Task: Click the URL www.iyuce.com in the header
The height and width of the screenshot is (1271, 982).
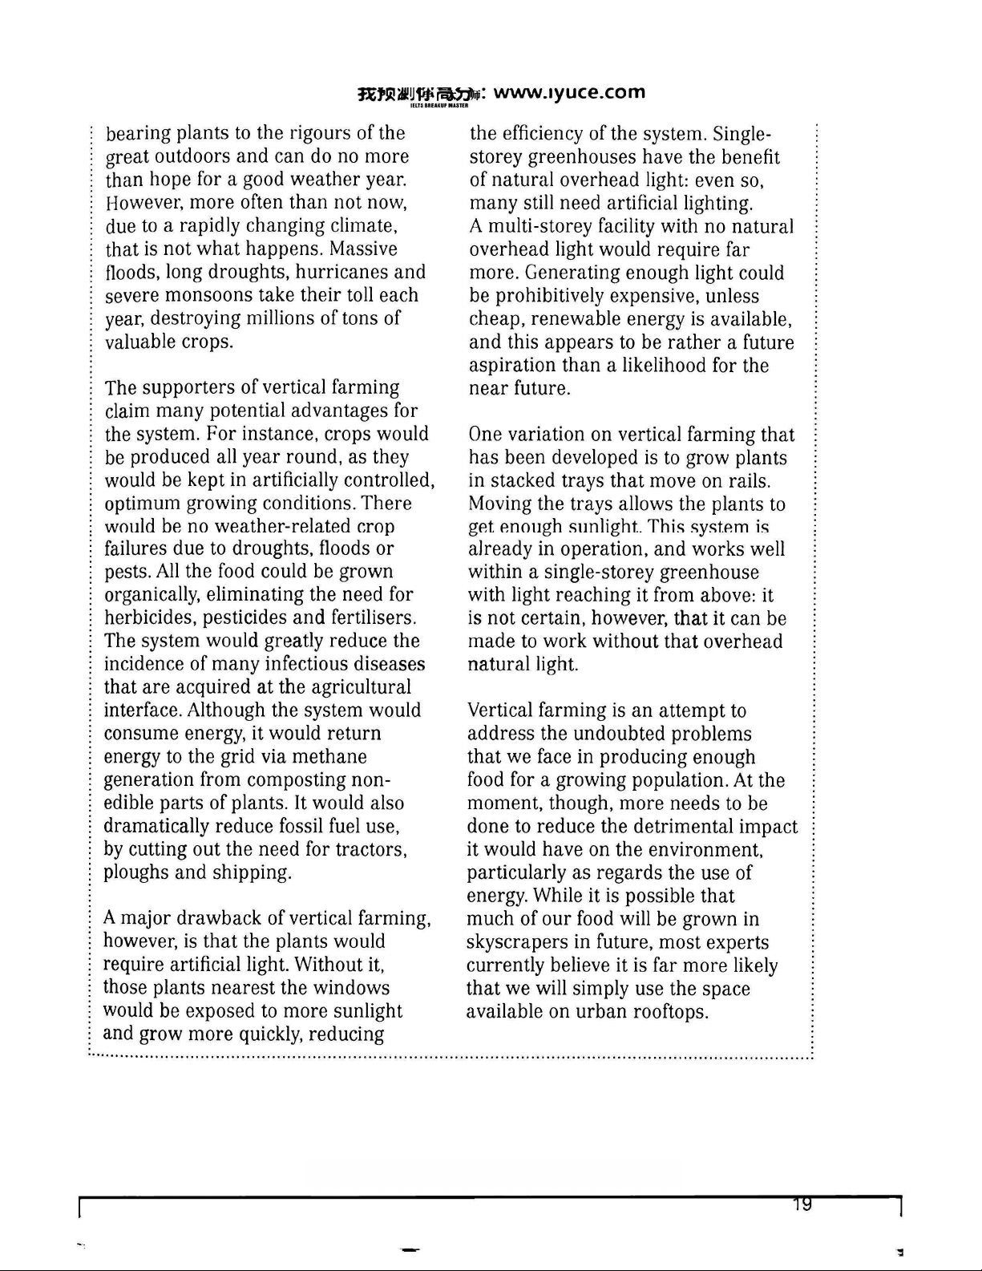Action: click(x=569, y=91)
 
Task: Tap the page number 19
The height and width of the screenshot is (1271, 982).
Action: click(x=801, y=1204)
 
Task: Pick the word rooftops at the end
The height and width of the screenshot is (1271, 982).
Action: click(x=670, y=1012)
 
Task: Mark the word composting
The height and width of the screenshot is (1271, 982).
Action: click(x=297, y=780)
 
